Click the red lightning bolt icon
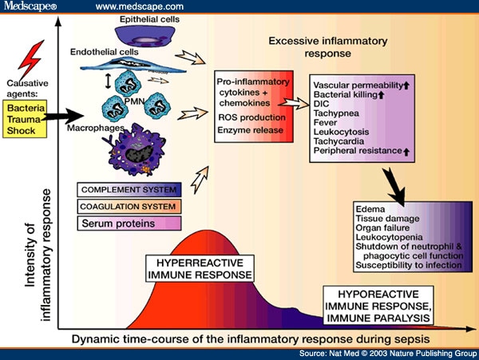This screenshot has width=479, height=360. [x=30, y=61]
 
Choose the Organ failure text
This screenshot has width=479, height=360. [x=379, y=228]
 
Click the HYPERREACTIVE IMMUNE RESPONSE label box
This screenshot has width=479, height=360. [x=200, y=269]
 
